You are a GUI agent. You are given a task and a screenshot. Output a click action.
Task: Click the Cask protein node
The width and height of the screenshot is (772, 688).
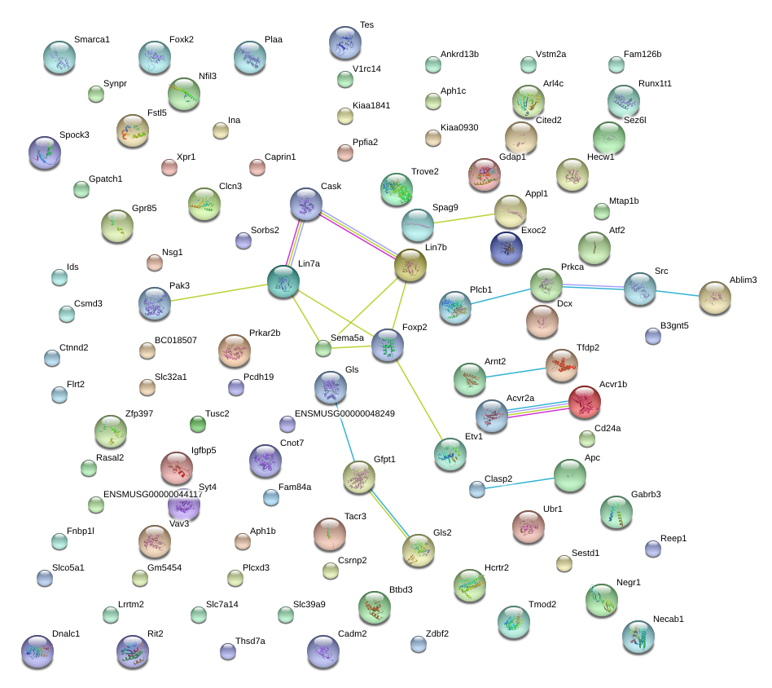click(x=306, y=204)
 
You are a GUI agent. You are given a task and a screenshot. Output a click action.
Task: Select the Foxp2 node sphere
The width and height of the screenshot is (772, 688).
click(x=388, y=345)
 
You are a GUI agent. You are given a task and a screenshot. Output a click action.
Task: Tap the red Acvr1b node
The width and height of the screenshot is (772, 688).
click(x=585, y=402)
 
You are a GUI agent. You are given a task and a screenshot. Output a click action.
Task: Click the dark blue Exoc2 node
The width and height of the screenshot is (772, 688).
click(x=507, y=248)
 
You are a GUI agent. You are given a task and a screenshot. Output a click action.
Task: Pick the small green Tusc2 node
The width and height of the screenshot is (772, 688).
click(x=198, y=424)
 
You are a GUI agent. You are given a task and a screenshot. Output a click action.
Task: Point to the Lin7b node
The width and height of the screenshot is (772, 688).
click(x=410, y=265)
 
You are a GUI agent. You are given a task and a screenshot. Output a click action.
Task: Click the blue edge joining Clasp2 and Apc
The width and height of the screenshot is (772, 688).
click(x=520, y=483)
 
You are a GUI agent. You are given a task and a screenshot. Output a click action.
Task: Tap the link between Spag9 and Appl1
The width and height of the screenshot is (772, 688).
click(x=464, y=218)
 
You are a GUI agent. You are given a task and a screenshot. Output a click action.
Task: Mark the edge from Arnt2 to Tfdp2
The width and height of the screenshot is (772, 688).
click(x=516, y=373)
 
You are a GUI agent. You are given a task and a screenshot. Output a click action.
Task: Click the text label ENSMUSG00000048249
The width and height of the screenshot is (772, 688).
click(x=344, y=413)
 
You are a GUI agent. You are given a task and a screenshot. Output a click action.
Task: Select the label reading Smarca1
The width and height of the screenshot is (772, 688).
click(x=92, y=39)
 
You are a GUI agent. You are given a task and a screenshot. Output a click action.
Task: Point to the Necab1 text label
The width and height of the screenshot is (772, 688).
click(x=668, y=619)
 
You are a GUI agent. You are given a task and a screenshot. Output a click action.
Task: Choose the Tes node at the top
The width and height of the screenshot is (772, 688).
click(x=345, y=43)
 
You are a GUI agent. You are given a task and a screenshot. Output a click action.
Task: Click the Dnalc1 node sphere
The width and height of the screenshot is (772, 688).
click(x=37, y=651)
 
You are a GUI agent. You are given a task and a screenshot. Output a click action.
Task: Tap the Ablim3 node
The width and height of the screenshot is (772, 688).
click(x=715, y=298)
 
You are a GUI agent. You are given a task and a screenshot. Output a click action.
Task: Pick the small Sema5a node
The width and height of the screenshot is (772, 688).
click(x=323, y=348)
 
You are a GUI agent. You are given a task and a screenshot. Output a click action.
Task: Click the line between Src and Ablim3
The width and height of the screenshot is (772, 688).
click(x=678, y=293)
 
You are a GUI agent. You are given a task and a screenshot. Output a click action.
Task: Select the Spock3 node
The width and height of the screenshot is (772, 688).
click(x=45, y=152)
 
